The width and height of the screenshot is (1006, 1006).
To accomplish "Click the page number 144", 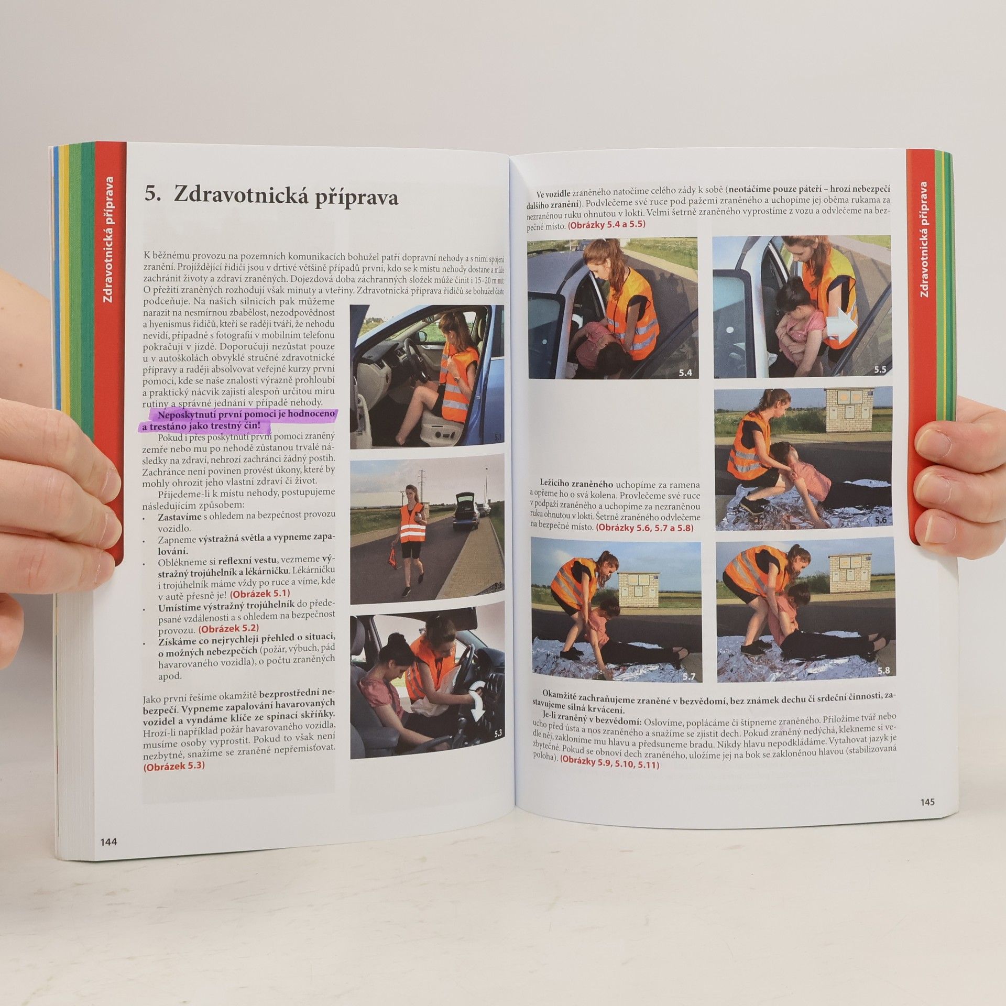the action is tap(109, 841).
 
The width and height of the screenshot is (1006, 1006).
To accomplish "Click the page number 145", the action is tap(927, 802).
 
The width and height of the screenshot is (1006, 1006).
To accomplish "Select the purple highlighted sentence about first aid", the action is tap(238, 419).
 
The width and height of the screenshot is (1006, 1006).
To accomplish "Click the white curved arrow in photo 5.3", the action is tap(478, 702).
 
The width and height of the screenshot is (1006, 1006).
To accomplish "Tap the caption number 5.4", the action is tap(685, 373).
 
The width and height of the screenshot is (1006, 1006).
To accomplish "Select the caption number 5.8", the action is tap(883, 670).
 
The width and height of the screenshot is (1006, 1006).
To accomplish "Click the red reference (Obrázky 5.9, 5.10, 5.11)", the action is tap(609, 764).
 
